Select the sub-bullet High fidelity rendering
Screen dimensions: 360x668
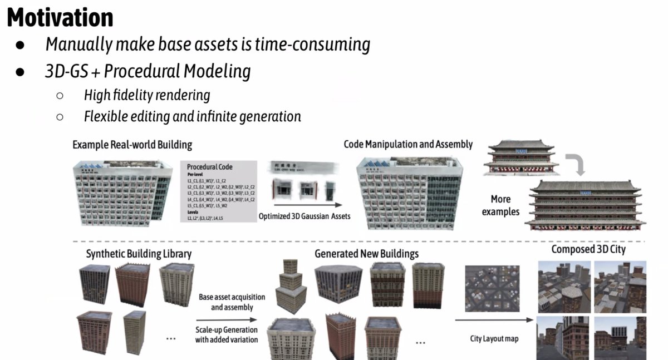click(147, 95)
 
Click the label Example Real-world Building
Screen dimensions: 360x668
click(132, 145)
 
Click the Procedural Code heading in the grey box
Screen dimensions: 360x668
click(209, 166)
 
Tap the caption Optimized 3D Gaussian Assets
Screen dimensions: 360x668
click(304, 215)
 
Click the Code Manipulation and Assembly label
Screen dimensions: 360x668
click(408, 144)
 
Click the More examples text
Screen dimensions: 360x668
click(500, 205)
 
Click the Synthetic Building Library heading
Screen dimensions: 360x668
click(139, 254)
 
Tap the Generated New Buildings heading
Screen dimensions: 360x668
click(366, 254)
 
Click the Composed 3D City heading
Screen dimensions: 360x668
click(588, 249)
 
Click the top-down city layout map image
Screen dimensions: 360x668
click(492, 288)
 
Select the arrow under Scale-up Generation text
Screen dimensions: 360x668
click(226, 320)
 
